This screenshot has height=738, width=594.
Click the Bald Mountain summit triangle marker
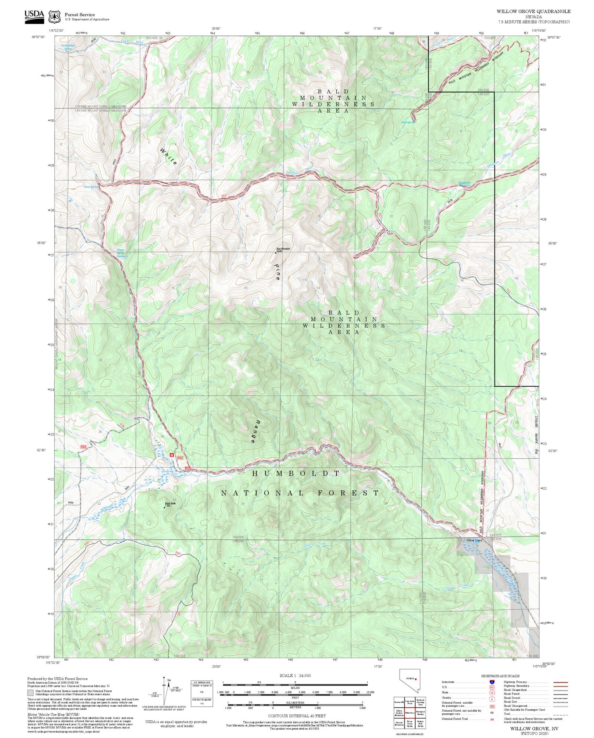tap(275, 253)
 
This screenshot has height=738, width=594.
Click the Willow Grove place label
tap(474, 540)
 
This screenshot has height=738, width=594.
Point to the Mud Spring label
tap(408, 122)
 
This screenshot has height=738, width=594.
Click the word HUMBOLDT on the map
tap(296, 473)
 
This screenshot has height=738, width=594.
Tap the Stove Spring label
tap(91, 187)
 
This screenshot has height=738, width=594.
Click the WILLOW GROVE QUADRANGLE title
tap(533, 12)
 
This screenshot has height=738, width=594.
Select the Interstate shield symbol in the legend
tap(492, 682)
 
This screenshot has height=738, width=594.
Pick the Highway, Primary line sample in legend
tap(560, 682)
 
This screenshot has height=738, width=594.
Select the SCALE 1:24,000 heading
tap(295, 675)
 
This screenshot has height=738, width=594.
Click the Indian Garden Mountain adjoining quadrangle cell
tap(399, 713)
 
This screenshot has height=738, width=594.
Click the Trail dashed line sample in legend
tap(560, 714)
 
